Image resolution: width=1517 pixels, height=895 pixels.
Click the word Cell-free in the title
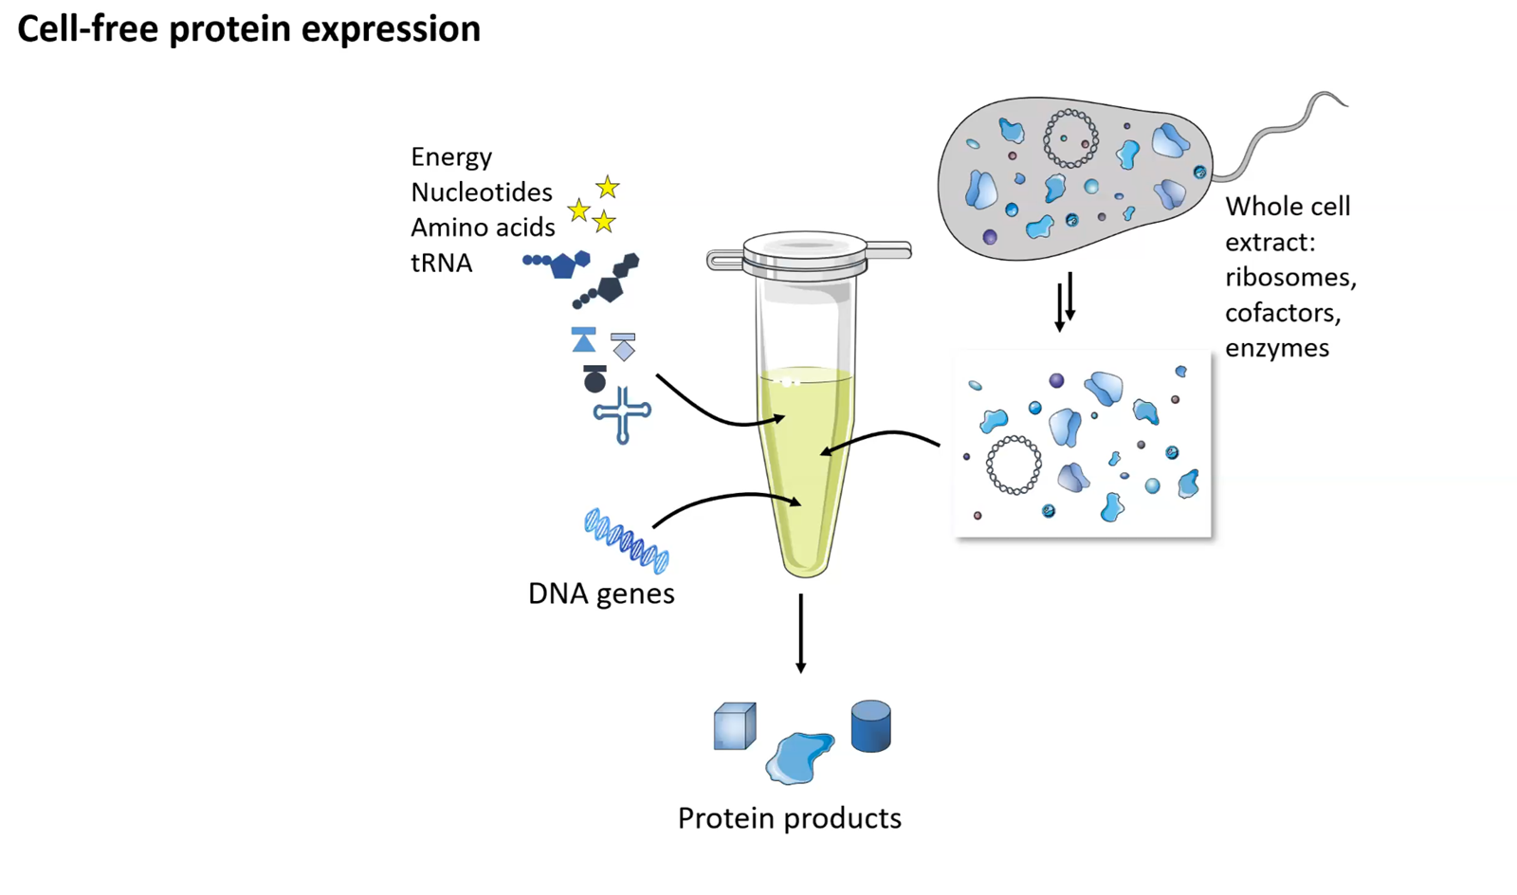[88, 29]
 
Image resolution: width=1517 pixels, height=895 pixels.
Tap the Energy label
[451, 157]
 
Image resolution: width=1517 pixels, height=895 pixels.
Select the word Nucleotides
[482, 192]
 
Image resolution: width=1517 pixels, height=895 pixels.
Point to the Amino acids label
[483, 228]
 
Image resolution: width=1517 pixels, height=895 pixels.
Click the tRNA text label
[441, 263]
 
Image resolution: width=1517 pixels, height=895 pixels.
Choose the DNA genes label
[601, 594]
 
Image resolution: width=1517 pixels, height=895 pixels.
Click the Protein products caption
[790, 818]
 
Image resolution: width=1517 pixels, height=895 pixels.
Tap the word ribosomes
[1290, 278]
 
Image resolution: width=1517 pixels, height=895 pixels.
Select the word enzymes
[1277, 348]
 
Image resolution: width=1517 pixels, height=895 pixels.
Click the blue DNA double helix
[627, 541]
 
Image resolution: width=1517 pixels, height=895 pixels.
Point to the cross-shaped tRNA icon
[622, 415]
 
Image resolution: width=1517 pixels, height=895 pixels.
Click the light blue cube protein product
[735, 725]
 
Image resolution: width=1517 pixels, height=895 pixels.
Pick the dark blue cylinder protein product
[871, 725]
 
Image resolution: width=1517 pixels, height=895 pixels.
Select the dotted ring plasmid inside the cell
[1070, 138]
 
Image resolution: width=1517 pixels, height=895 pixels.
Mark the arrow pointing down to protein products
[800, 633]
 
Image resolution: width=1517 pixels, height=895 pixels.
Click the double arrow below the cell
[1065, 301]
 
